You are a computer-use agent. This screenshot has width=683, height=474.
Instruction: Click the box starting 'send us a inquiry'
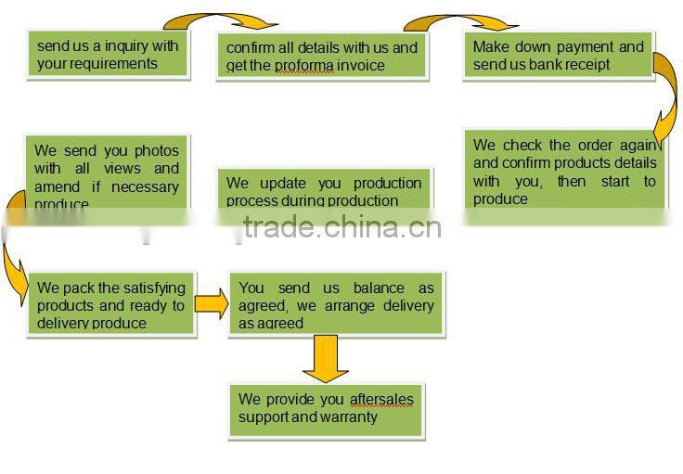click(x=108, y=55)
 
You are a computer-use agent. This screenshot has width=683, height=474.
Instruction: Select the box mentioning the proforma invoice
click(x=322, y=56)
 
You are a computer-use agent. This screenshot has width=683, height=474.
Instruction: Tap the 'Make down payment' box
click(x=558, y=55)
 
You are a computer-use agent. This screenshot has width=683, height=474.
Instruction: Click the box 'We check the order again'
click(x=564, y=172)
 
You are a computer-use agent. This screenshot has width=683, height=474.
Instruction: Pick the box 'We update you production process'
click(x=323, y=191)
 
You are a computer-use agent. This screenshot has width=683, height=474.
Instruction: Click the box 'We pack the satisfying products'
click(x=110, y=304)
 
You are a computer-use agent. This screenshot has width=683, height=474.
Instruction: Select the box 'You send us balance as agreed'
click(x=336, y=305)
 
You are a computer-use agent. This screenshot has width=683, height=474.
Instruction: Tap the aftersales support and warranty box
click(x=326, y=408)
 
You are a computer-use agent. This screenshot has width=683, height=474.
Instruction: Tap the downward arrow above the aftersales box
click(x=326, y=357)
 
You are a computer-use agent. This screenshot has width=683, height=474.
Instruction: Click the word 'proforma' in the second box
click(x=303, y=66)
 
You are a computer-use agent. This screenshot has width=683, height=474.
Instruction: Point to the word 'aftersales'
click(x=381, y=399)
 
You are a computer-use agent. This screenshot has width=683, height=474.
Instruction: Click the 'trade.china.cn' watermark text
click(x=341, y=227)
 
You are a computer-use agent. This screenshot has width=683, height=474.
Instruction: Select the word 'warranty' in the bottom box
click(x=349, y=417)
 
